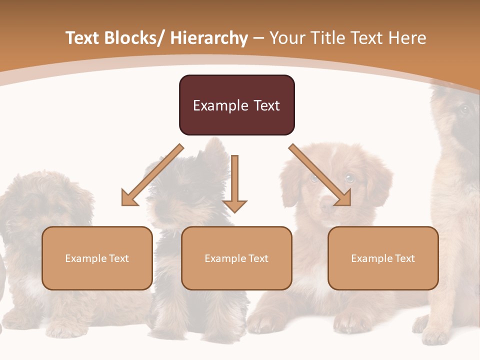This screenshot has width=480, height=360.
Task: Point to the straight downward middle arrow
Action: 234,180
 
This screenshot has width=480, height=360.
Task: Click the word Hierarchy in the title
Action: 209,38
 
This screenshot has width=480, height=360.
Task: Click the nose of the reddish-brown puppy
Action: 327,204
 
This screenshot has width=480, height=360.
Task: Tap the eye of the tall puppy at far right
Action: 464,109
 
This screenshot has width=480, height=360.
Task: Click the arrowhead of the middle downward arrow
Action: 234,206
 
